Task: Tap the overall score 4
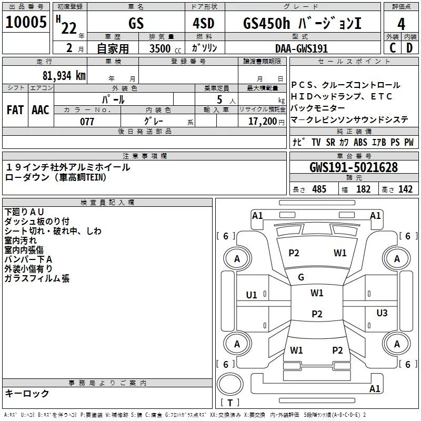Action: point(401,24)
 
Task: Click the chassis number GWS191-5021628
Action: point(353,168)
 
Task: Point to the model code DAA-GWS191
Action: point(302,48)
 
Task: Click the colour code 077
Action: point(87,122)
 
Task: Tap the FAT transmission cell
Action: point(15,110)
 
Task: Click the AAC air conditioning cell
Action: point(41,110)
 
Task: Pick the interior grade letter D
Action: point(409,48)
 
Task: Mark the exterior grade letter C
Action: point(393,48)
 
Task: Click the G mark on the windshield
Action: point(301,277)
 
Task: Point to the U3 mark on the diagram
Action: point(382,313)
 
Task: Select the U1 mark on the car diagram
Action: point(252,295)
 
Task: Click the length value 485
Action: point(319,189)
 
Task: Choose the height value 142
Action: point(405,189)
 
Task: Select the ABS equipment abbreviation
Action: point(360,143)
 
